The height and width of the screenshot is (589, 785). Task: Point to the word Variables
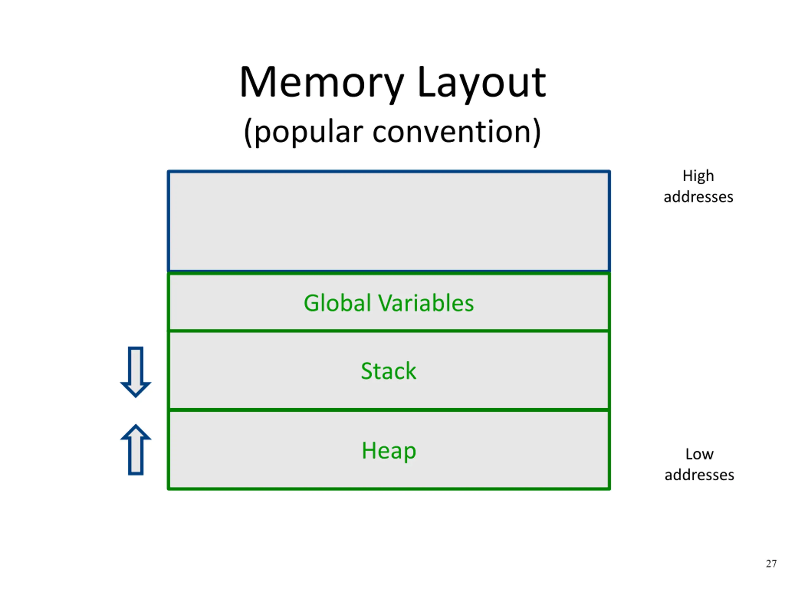pyautogui.click(x=426, y=303)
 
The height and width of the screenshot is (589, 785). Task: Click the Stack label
pyautogui.click(x=389, y=371)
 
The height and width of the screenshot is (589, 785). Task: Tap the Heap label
pyautogui.click(x=389, y=451)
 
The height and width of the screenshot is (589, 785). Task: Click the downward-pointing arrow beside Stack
pyautogui.click(x=136, y=372)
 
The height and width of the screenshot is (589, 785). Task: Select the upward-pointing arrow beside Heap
pyautogui.click(x=136, y=449)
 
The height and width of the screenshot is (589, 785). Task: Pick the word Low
pyautogui.click(x=699, y=454)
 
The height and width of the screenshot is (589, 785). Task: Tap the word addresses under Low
pyautogui.click(x=699, y=475)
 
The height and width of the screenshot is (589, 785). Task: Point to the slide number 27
pyautogui.click(x=771, y=564)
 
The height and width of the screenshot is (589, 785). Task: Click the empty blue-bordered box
pyautogui.click(x=389, y=171)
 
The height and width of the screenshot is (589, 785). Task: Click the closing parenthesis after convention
pyautogui.click(x=537, y=132)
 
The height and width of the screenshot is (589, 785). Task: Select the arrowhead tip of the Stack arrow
pyautogui.click(x=136, y=397)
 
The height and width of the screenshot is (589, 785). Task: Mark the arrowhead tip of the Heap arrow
pyautogui.click(x=136, y=425)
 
